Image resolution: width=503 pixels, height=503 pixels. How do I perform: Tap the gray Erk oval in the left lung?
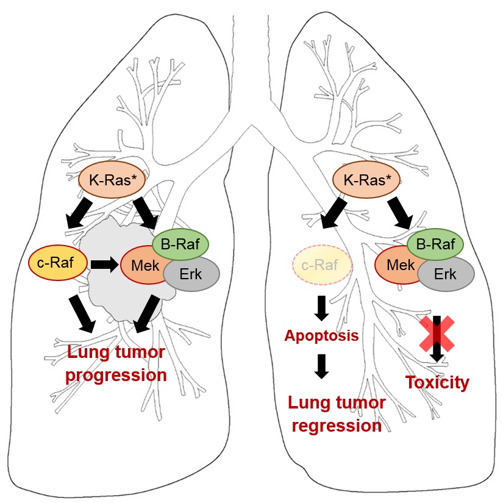coord(190,274)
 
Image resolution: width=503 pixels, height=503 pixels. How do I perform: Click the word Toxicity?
coord(438,383)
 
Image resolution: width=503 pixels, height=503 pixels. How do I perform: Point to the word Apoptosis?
coord(321,336)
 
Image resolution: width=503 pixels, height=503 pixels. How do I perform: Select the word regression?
coord(337,425)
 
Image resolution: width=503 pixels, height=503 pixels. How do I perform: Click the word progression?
coord(116,374)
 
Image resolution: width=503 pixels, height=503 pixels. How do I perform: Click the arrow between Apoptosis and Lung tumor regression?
coord(322,365)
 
